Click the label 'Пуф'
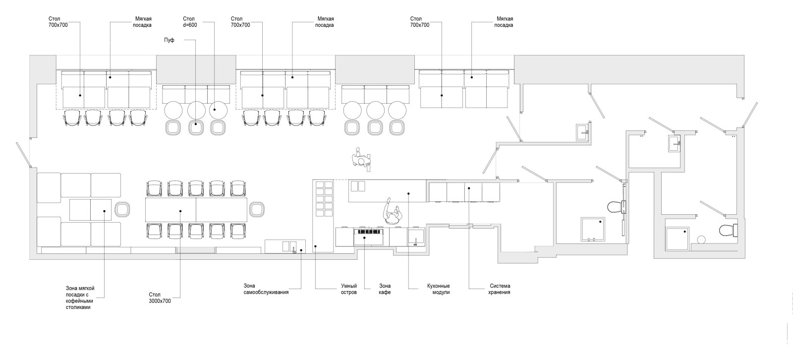[x=169, y=40]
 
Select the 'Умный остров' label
[x=349, y=289]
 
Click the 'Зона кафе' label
[x=385, y=289]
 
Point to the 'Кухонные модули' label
[x=438, y=289]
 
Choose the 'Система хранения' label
[x=500, y=289]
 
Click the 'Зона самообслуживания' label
[x=266, y=289]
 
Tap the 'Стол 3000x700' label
[x=160, y=298]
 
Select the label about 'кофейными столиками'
[x=80, y=298]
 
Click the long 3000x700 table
[x=196, y=209]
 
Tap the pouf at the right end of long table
[x=256, y=209]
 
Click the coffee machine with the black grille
[x=368, y=236]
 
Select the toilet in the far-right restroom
[x=728, y=231]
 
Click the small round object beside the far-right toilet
[x=701, y=240]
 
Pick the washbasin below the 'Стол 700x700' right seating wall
[x=582, y=132]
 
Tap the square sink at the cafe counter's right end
[x=416, y=237]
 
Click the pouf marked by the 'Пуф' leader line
[x=196, y=127]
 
